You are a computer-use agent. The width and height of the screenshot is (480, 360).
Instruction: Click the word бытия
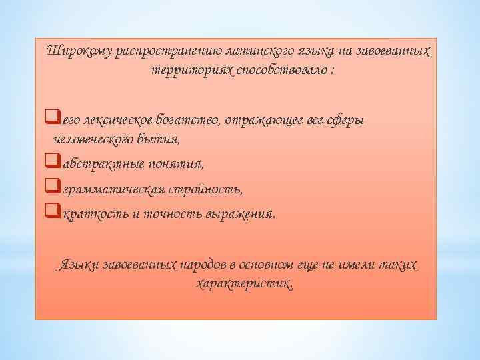pos(157,139)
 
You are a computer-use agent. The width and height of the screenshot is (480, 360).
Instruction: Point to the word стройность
pos(211,190)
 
